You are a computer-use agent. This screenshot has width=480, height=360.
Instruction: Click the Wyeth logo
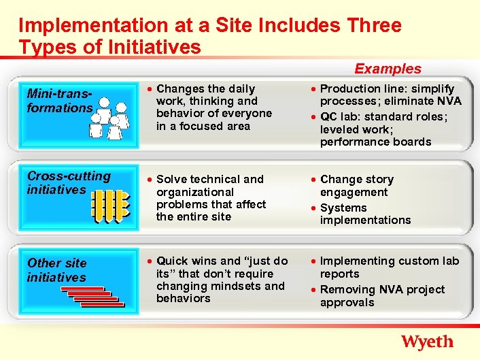(427, 341)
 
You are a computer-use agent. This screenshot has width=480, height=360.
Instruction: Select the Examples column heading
(388, 69)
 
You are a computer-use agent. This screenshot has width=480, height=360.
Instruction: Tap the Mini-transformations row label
(58, 101)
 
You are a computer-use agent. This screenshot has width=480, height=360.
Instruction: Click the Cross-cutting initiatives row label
(68, 182)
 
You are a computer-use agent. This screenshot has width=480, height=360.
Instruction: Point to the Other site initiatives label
(57, 269)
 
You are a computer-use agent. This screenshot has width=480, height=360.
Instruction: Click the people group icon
(110, 118)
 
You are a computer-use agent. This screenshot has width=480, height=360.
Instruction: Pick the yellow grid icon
(110, 206)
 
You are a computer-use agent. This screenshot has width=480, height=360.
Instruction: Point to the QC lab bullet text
(383, 129)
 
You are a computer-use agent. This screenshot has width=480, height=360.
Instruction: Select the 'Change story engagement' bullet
(356, 186)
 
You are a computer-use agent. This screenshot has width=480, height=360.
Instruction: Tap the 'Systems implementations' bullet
(365, 214)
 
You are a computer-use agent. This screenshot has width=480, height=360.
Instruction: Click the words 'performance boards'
(375, 142)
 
